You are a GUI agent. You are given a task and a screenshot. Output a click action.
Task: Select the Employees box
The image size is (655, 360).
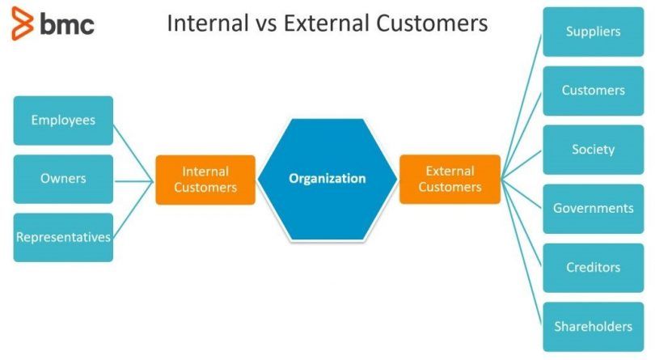(x=63, y=121)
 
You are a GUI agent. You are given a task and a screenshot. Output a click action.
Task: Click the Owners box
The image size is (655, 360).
(x=63, y=179)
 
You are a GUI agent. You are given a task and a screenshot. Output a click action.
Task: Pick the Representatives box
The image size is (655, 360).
(x=63, y=237)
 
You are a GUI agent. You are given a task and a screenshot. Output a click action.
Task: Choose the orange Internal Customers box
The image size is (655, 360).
(x=205, y=179)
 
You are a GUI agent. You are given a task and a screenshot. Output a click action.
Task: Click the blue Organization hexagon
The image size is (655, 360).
(x=327, y=179)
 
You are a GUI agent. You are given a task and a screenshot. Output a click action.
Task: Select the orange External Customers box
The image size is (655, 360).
(x=450, y=179)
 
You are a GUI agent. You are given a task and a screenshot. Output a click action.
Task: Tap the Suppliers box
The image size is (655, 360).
(x=594, y=32)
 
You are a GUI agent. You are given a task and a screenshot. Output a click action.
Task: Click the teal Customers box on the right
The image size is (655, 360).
(x=594, y=91)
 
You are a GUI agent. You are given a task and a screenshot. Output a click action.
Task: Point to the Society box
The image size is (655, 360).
(x=594, y=150)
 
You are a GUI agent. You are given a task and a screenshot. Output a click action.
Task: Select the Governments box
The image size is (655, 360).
(x=594, y=209)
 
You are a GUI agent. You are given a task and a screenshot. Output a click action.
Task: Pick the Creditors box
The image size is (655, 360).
(x=594, y=268)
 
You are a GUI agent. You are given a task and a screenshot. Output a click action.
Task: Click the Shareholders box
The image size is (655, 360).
(x=594, y=327)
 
